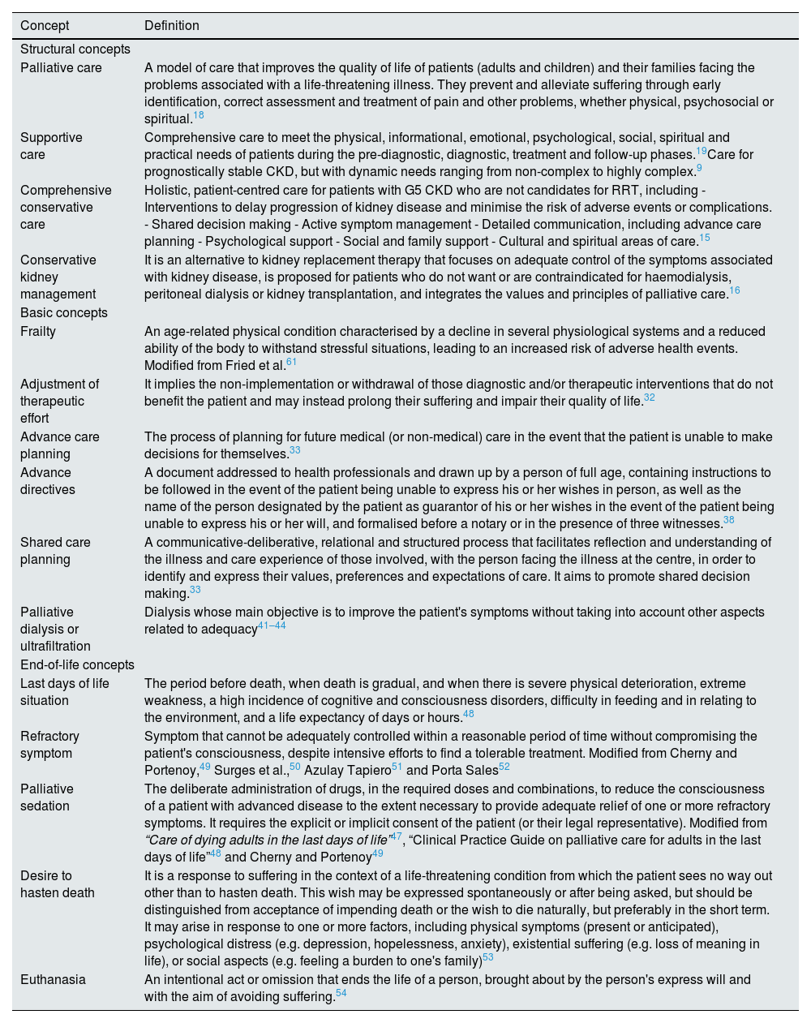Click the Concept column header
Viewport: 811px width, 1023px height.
point(45,25)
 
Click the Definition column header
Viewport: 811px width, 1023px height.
point(172,25)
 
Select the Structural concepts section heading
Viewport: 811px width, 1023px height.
point(75,49)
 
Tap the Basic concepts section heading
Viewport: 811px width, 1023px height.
point(63,313)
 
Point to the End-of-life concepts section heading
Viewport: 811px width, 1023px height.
point(77,665)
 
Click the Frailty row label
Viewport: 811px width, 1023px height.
point(38,332)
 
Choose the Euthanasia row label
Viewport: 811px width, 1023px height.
point(53,979)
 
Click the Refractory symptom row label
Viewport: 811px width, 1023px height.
point(50,745)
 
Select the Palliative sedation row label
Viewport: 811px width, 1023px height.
point(47,797)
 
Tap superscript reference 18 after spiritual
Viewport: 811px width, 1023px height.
point(199,116)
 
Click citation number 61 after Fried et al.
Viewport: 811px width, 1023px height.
point(292,362)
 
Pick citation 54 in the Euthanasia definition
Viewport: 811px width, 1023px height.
point(341,993)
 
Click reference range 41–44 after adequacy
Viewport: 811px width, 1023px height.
point(272,625)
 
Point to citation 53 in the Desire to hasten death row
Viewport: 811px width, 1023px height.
point(487,958)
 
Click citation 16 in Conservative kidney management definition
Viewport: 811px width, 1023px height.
point(734,290)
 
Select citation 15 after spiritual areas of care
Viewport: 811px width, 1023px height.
point(704,238)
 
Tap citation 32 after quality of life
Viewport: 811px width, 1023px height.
point(650,398)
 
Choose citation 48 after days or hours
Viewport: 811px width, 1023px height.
point(469,714)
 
